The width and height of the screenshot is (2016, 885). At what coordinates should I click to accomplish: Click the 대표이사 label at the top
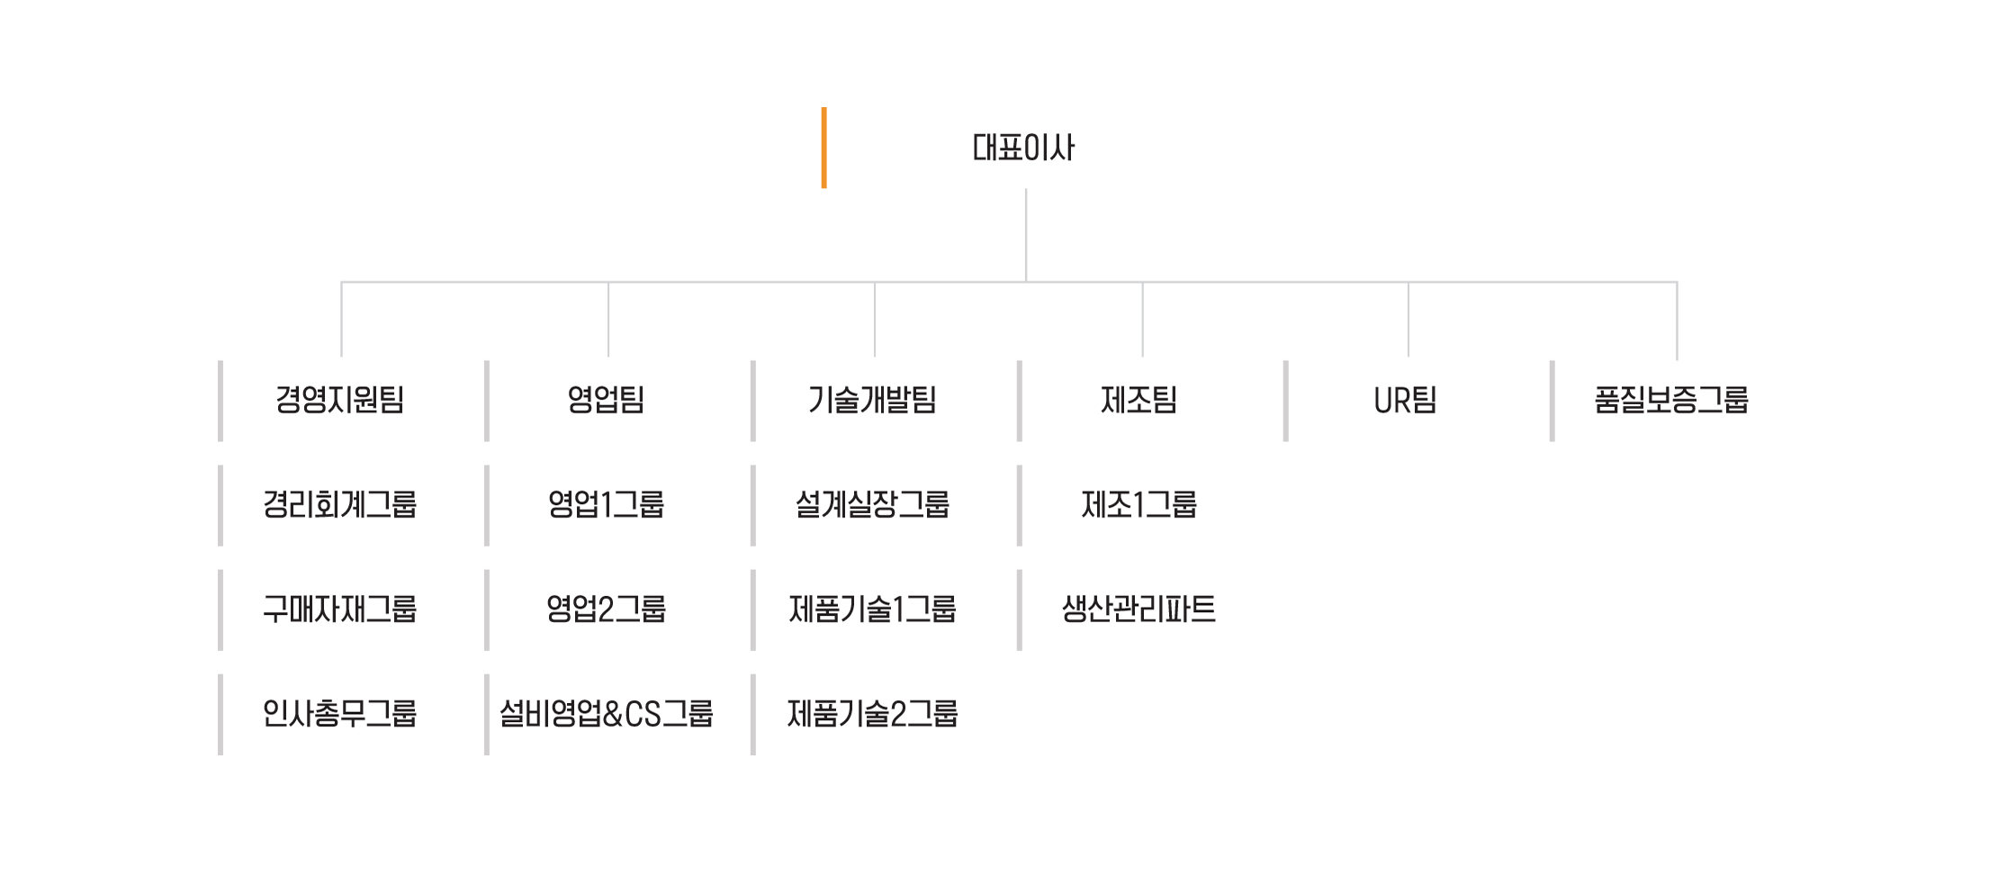(x=1023, y=149)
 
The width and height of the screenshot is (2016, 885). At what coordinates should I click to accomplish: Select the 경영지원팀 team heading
(x=339, y=399)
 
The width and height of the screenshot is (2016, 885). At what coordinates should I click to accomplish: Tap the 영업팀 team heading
(x=606, y=399)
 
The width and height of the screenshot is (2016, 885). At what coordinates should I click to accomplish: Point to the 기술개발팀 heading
(x=872, y=399)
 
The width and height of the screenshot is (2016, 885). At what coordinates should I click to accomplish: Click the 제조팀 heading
(x=1138, y=399)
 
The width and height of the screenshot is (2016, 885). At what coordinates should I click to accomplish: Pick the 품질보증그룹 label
(x=1671, y=399)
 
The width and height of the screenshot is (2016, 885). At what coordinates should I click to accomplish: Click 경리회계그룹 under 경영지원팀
(x=339, y=504)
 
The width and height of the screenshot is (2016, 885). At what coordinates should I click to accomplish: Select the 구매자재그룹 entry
(x=339, y=609)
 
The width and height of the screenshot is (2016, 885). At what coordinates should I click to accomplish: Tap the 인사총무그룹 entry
(x=339, y=713)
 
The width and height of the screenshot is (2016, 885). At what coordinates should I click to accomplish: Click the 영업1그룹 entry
(x=606, y=504)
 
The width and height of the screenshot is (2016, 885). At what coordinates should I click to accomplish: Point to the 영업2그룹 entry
(x=606, y=609)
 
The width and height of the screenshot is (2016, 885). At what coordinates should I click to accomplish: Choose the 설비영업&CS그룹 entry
(x=606, y=713)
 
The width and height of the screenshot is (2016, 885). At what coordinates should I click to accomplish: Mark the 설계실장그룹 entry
(x=872, y=504)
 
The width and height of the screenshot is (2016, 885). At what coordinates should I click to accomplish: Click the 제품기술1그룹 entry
(x=872, y=609)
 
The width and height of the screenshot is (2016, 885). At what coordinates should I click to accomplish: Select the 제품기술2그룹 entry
(x=872, y=713)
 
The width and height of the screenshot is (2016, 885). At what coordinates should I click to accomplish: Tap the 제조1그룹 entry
(x=1138, y=504)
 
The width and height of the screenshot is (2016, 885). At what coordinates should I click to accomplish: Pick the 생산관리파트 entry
(x=1138, y=609)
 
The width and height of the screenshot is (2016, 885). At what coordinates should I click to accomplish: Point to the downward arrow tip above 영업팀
(x=608, y=354)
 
